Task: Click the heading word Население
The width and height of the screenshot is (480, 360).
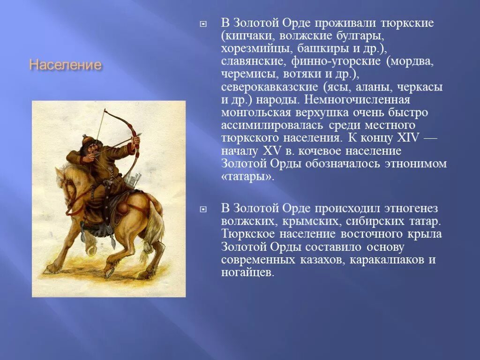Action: [65, 65]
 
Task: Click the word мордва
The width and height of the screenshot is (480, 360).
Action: [412, 61]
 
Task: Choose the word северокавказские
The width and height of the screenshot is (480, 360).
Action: [270, 87]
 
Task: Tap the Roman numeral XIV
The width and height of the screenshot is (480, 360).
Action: [408, 138]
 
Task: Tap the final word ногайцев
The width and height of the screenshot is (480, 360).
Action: [247, 272]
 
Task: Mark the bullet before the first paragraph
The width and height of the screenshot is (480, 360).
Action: [203, 24]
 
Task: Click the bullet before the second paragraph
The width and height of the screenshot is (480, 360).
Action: [203, 209]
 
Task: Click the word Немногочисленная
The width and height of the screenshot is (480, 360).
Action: [357, 100]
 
